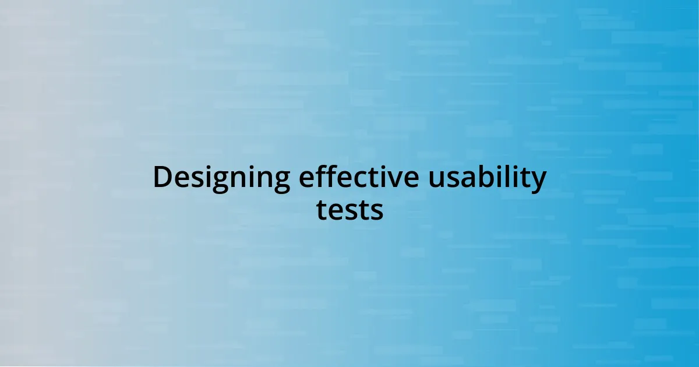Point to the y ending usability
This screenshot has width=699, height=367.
538,181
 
